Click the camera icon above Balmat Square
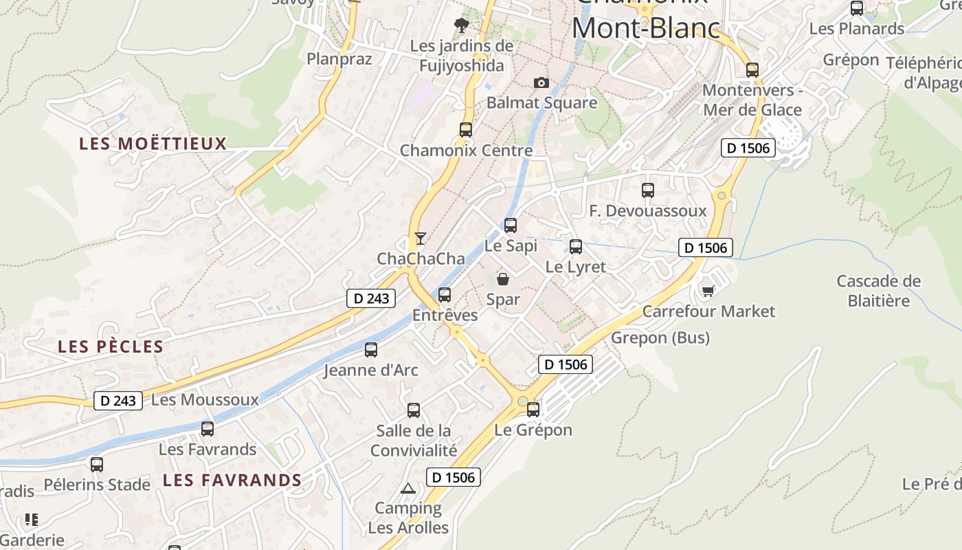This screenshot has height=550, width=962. [x=541, y=82]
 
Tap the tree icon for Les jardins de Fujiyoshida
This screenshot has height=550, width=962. [x=462, y=25]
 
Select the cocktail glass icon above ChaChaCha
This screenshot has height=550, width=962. [x=421, y=239]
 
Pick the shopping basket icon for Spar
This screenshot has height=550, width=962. [x=503, y=279]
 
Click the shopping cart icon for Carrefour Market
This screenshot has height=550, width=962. [x=708, y=291]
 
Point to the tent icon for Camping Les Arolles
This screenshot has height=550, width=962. [x=408, y=489]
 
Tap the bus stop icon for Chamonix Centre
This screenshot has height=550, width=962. [x=466, y=129]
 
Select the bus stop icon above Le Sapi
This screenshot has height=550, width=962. [x=511, y=225]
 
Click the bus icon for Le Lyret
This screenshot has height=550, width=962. [x=576, y=246]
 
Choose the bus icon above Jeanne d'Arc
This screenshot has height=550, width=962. [x=371, y=349]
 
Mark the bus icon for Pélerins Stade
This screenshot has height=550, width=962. [x=97, y=464]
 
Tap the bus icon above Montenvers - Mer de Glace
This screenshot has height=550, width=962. [x=752, y=69]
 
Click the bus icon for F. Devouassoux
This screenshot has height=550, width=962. [x=648, y=190]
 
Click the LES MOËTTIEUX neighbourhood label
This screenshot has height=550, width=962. [x=153, y=144]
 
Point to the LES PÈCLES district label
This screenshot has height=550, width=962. [x=111, y=346]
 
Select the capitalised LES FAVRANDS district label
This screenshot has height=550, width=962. [x=232, y=480]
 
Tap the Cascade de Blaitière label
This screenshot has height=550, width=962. [x=878, y=291]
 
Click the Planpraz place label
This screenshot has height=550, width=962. [x=339, y=59]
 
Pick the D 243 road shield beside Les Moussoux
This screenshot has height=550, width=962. [x=118, y=400]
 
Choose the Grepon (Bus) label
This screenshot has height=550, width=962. [x=660, y=338]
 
